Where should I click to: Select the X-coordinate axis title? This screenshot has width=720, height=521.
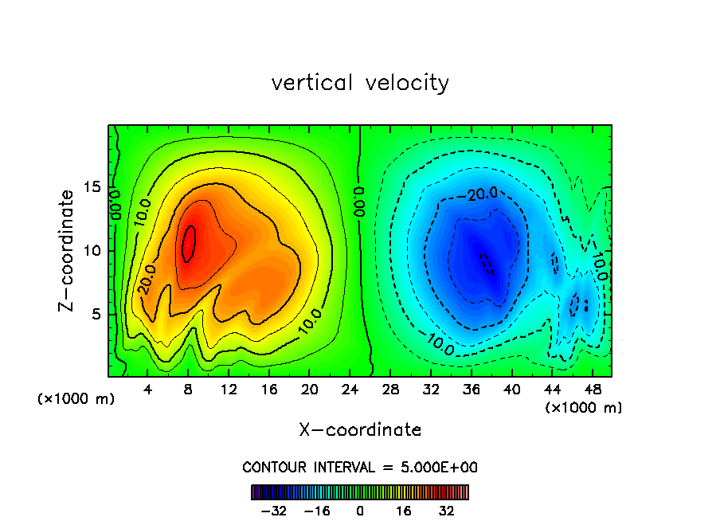coord(360,430)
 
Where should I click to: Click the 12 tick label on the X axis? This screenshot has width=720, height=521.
coord(229,390)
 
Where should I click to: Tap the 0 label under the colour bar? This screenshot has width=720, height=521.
coord(360,511)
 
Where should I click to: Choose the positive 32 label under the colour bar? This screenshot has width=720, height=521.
coord(446,511)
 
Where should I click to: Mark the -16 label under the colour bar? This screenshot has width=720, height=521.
coord(317,511)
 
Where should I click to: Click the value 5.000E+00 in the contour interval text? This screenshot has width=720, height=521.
coord(437,467)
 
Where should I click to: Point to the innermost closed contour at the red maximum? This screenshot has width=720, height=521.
coord(189,243)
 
